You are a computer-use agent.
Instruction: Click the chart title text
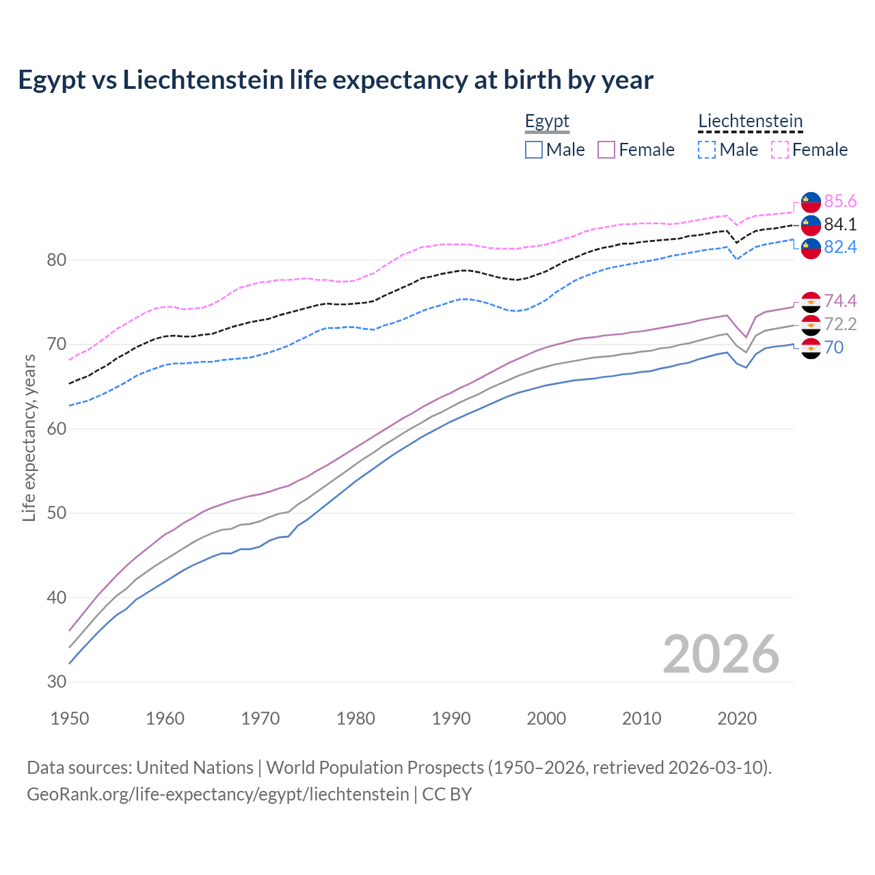(x=336, y=80)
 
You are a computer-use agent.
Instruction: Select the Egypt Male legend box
(x=534, y=150)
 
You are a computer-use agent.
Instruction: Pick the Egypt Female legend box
(x=606, y=150)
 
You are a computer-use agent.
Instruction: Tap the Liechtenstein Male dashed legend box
(x=707, y=150)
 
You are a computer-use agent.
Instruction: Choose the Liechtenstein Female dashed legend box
(x=780, y=150)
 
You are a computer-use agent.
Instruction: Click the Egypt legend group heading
(x=547, y=122)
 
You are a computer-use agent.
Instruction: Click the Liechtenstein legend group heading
(x=750, y=122)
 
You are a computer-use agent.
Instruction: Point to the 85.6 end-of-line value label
(x=840, y=201)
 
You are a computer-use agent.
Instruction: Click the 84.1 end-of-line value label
(x=840, y=224)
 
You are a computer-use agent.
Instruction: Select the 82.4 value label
(x=840, y=247)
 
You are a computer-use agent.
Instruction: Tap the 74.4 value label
(x=840, y=301)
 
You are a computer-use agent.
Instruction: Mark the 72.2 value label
(x=840, y=324)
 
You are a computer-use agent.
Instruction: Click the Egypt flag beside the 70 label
(x=811, y=348)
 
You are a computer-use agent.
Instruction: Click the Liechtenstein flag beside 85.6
(x=811, y=202)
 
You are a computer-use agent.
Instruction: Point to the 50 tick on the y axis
(x=57, y=513)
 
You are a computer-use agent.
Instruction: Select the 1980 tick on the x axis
(x=355, y=718)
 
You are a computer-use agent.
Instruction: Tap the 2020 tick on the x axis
(x=737, y=718)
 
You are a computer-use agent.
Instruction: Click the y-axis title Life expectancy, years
(x=29, y=437)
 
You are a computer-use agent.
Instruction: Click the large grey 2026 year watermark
(x=721, y=654)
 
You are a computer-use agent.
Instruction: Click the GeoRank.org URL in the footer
(x=218, y=794)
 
